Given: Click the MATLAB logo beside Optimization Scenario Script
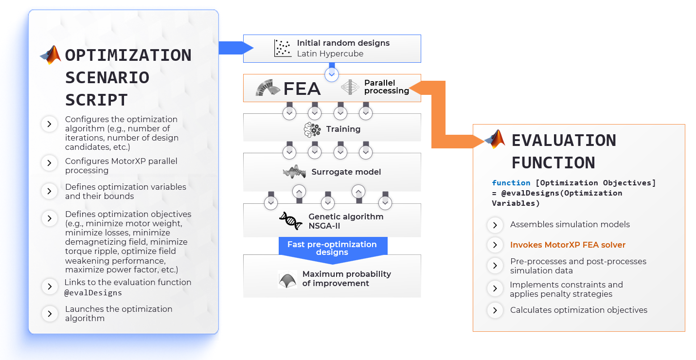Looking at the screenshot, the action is pyautogui.click(x=51, y=55).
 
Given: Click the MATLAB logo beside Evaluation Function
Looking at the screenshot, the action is pyautogui.click(x=495, y=139).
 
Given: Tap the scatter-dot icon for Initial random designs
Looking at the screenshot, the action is pyautogui.click(x=283, y=48).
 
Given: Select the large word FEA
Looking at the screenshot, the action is pyautogui.click(x=302, y=89).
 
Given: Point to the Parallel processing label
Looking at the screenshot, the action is pyautogui.click(x=387, y=87).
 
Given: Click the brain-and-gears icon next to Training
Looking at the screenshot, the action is pyautogui.click(x=312, y=129).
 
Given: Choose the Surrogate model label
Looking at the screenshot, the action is pyautogui.click(x=346, y=172).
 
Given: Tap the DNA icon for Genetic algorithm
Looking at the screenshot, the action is pyautogui.click(x=290, y=220).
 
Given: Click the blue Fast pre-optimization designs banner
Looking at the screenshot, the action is pyautogui.click(x=333, y=249).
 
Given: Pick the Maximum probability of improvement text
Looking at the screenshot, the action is pyautogui.click(x=346, y=279).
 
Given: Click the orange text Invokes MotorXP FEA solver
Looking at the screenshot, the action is pyautogui.click(x=568, y=245).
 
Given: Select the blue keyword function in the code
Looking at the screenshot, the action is pyautogui.click(x=511, y=183).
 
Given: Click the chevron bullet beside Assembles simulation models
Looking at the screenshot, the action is pyautogui.click(x=495, y=225).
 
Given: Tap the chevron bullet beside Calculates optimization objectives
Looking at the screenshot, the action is pyautogui.click(x=495, y=310).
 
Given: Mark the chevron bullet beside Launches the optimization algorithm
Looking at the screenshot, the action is pyautogui.click(x=50, y=314).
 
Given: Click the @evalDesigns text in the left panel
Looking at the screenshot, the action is pyautogui.click(x=93, y=293).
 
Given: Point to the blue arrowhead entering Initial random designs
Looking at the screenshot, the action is pyautogui.click(x=248, y=48).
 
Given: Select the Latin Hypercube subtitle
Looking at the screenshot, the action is pyautogui.click(x=330, y=54).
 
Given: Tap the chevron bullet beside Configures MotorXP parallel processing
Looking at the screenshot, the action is pyautogui.click(x=50, y=163).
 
